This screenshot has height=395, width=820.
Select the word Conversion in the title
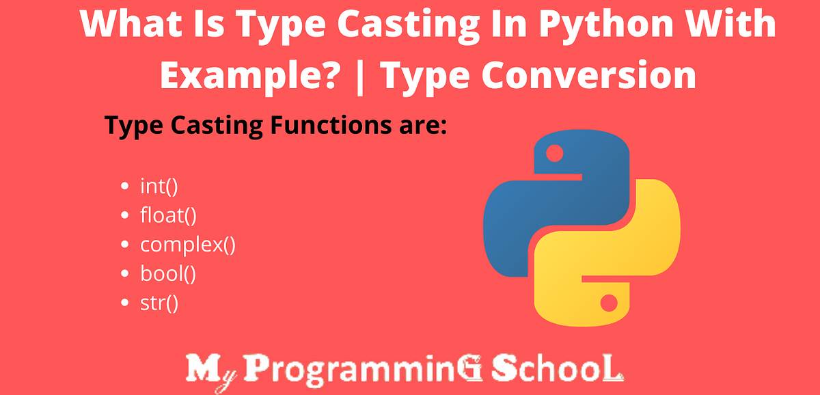[x=588, y=74]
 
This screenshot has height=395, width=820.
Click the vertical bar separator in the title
[x=360, y=77]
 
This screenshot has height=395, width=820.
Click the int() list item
[x=159, y=187]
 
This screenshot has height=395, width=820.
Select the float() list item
[x=168, y=215]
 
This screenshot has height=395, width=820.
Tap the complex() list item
[x=188, y=245]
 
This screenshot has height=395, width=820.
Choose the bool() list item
[x=168, y=274]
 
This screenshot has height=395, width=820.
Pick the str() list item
[x=159, y=303]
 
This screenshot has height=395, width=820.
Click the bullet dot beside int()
[x=124, y=186]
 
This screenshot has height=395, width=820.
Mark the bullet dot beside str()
[x=124, y=303]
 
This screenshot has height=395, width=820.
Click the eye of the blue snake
[x=555, y=153]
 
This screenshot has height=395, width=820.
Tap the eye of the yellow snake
[x=609, y=303]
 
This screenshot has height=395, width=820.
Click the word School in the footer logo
[x=557, y=370]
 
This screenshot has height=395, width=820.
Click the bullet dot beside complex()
[x=124, y=244]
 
